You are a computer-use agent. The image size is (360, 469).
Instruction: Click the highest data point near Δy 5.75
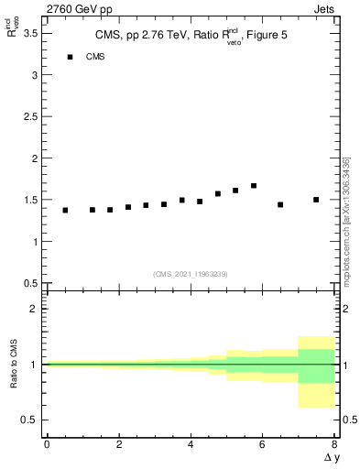(254, 186)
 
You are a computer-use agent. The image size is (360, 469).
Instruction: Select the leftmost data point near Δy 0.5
(65, 210)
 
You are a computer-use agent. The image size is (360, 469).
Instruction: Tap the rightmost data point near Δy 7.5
(316, 200)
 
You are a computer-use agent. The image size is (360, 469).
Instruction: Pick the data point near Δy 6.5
(280, 204)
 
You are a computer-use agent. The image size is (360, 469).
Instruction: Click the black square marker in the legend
(70, 57)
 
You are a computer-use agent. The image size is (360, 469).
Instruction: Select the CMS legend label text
(95, 57)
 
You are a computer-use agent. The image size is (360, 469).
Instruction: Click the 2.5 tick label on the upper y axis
(29, 116)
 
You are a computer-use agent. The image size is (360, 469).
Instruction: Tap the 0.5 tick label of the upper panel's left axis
(29, 284)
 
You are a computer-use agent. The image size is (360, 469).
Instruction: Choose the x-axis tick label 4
(191, 443)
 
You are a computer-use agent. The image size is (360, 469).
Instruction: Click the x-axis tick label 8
(334, 443)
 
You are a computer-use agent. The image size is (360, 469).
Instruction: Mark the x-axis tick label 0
(47, 443)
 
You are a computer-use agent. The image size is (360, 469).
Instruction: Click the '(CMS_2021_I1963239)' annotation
(190, 274)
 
